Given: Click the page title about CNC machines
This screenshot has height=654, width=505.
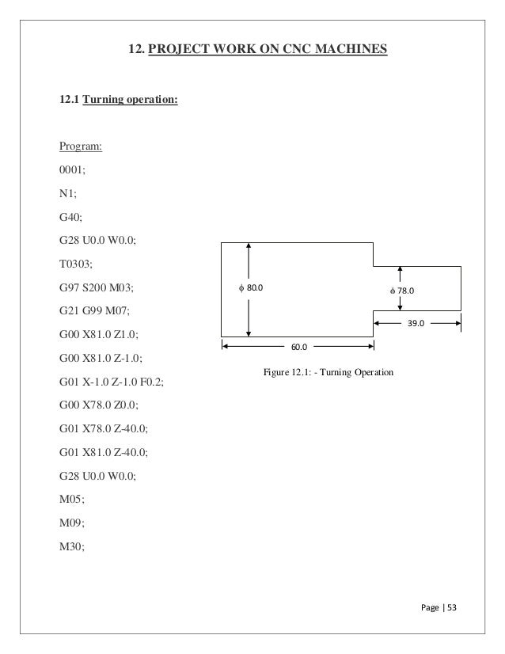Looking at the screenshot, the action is click(x=258, y=51).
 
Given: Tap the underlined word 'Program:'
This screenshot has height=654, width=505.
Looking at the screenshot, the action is click(x=82, y=147).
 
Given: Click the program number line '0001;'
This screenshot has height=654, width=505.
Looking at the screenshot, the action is click(x=75, y=169).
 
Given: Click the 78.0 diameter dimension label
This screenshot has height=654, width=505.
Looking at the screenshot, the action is click(x=402, y=291).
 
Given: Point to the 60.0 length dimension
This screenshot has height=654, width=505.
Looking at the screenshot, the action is click(x=298, y=346).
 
